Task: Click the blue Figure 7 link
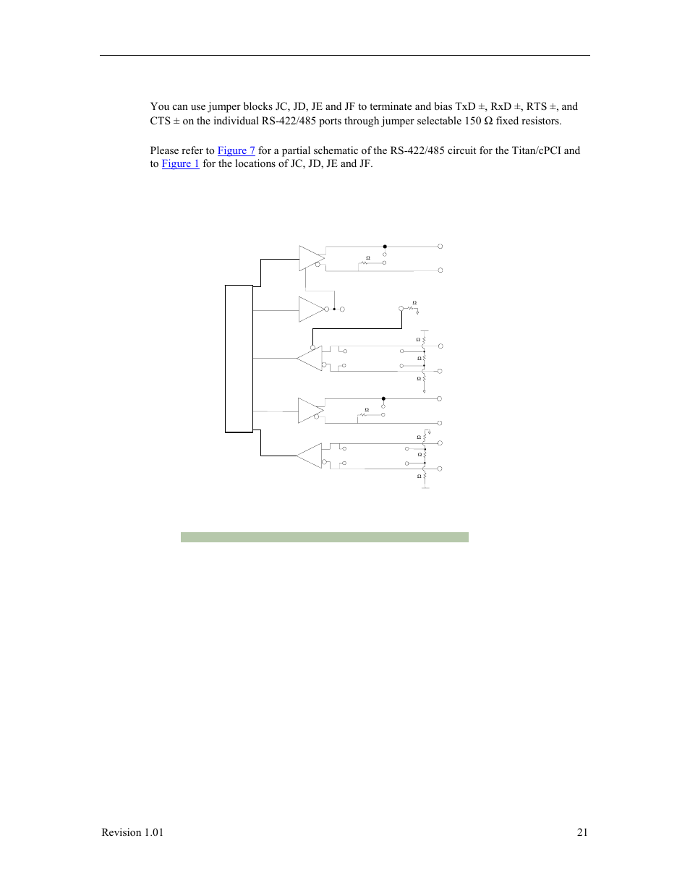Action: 236,150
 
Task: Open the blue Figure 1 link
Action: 180,163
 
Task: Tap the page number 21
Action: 582,832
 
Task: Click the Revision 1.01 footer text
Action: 132,832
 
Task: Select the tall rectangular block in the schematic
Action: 239,359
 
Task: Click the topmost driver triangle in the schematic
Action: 311,258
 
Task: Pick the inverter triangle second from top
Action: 311,309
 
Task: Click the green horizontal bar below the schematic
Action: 324,537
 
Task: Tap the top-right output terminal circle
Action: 440,247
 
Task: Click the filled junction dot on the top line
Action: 385,247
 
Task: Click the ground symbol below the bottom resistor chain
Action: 425,487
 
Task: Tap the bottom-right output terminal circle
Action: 440,469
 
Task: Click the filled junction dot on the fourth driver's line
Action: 383,398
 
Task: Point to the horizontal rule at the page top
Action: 344,55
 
